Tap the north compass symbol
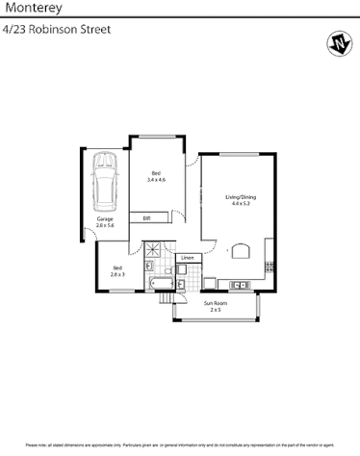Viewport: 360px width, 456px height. [338, 43]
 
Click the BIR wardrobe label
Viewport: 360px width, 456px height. [146, 218]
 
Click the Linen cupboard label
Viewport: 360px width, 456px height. [188, 259]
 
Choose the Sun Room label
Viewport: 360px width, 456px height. [215, 304]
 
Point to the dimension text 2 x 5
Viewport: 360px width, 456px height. [215, 311]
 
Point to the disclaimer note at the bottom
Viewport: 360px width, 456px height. [180, 444]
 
